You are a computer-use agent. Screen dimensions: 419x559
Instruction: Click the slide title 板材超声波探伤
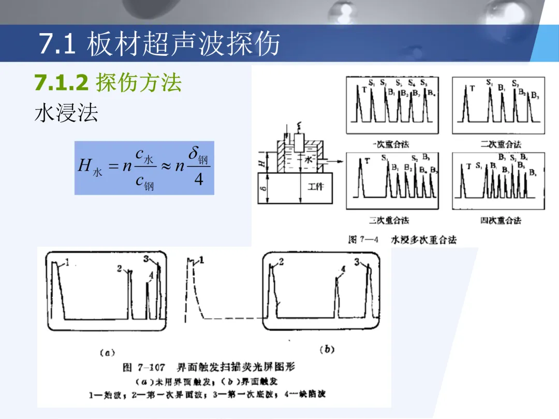[183, 44]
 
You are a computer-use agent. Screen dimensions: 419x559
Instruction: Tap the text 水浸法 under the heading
[66, 113]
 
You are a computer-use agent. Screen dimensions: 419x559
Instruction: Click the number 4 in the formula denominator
[198, 181]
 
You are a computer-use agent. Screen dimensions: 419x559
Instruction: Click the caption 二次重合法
[501, 144]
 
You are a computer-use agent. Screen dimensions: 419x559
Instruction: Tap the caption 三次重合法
[389, 220]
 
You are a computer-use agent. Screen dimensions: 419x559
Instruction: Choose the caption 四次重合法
[501, 221]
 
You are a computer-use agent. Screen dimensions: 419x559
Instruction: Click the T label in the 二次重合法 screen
[472, 88]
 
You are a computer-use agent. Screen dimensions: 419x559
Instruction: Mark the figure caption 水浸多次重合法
[423, 240]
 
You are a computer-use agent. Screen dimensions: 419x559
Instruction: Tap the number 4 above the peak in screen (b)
[343, 270]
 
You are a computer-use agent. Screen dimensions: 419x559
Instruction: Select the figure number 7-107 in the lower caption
[151, 368]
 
